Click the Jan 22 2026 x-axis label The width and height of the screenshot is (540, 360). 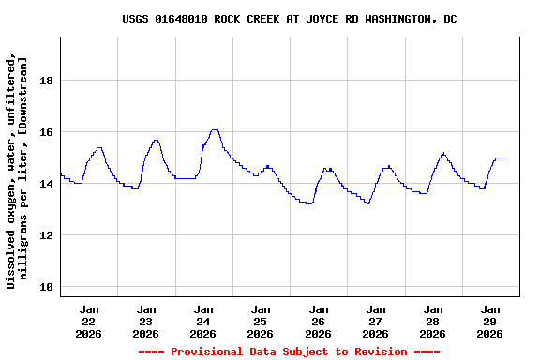(89, 321)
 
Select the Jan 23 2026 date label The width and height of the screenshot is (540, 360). (146, 321)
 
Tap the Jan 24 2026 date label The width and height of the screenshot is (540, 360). (203, 321)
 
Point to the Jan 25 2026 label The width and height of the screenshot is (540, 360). (261, 321)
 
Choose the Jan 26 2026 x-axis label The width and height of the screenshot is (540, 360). (318, 321)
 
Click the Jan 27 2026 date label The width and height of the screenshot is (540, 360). (375, 321)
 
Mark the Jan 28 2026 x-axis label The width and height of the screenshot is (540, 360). (432, 321)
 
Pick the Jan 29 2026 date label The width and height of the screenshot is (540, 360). (489, 321)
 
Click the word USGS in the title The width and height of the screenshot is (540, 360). (136, 19)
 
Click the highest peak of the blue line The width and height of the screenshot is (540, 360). (215, 129)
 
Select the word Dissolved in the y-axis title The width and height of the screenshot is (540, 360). (11, 255)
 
